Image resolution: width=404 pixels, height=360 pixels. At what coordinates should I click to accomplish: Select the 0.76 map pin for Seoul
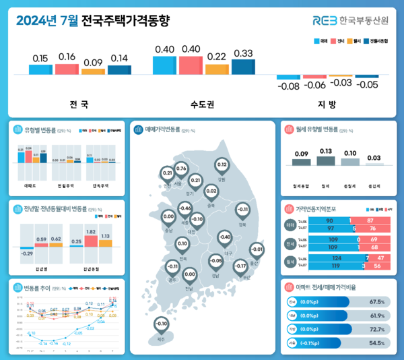tap(181, 169)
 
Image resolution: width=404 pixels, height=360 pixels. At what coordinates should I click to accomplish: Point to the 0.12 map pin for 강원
tap(222, 165)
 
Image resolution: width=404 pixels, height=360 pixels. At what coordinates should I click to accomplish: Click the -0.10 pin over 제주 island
tap(161, 324)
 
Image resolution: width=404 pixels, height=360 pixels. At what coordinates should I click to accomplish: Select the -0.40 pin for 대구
tap(226, 237)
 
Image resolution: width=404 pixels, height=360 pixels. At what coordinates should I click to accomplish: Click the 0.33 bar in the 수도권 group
tap(243, 67)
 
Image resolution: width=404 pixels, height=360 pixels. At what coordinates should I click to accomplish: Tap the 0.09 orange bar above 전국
tap(93, 71)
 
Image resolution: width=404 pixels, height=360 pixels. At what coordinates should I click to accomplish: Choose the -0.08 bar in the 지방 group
tap(288, 77)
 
